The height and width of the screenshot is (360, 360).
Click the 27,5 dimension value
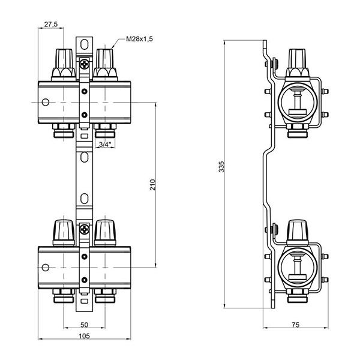[x=50, y=25]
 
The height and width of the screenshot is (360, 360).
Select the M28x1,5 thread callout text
[x=140, y=39]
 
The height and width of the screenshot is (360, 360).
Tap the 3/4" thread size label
[x=104, y=145]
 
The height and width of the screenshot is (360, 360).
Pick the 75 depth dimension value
[x=295, y=325]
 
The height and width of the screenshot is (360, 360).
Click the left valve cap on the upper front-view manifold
[x=63, y=59]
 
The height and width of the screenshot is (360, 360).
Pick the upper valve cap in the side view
[x=296, y=59]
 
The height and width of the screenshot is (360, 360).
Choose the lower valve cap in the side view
[x=296, y=230]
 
